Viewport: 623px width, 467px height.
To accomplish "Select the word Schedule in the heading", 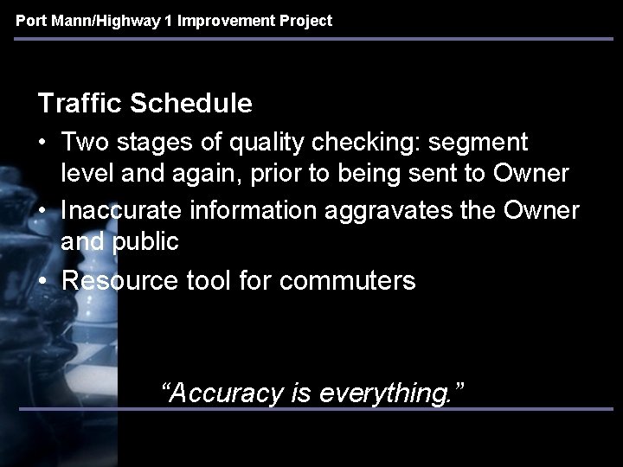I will [x=191, y=105].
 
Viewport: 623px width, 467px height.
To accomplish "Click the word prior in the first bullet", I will [x=268, y=174].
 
